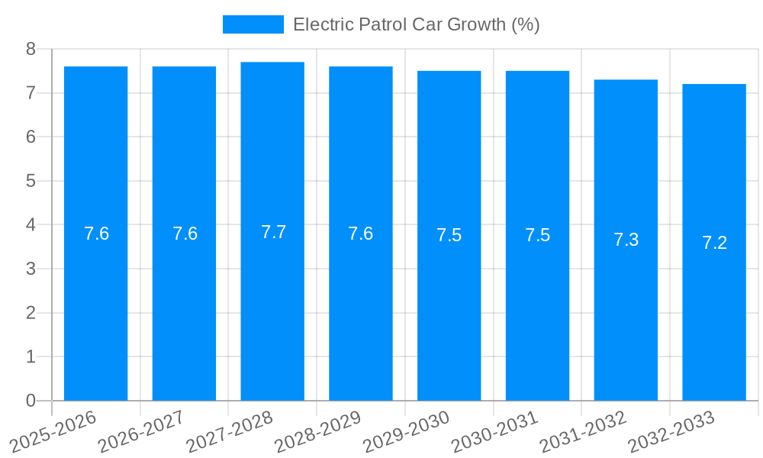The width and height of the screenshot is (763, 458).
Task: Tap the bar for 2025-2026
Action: pos(95,234)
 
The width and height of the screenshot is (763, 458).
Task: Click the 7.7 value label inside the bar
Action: pos(273,232)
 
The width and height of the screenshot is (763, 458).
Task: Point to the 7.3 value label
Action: pos(626,240)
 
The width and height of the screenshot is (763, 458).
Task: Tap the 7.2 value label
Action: pos(714,243)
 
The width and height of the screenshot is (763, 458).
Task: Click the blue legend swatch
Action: pos(253,24)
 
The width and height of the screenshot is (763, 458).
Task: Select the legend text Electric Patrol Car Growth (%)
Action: pos(416,24)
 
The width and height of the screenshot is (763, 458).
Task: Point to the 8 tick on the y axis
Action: pos(31,49)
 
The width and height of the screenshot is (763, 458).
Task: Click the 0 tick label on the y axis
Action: pos(31,401)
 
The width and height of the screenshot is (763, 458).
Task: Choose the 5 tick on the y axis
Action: pos(31,181)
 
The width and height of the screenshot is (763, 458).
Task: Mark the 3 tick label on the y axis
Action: pos(31,269)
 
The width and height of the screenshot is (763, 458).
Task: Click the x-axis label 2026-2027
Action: pos(142,431)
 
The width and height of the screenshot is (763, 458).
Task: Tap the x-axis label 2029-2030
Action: pos(407,431)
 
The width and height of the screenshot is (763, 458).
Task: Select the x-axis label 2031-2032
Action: pos(584,431)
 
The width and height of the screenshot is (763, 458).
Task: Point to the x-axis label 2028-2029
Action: pos(318,431)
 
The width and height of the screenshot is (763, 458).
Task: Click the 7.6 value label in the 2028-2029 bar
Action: pos(360,234)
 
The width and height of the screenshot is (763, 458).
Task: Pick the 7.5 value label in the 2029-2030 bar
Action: pos(449,235)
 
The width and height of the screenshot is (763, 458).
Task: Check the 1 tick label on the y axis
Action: pos(31,356)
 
